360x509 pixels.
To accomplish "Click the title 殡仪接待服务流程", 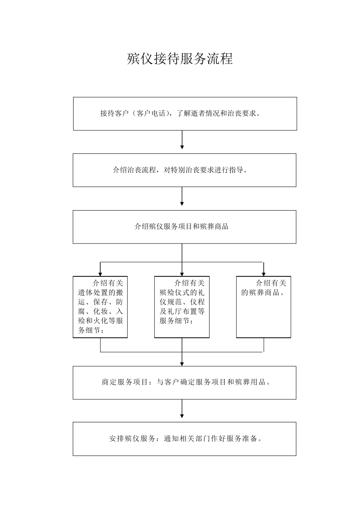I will (180, 59).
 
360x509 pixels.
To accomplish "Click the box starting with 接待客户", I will (185, 114).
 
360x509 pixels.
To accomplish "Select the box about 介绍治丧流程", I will (185, 170).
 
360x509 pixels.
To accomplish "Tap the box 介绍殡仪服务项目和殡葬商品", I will (185, 227).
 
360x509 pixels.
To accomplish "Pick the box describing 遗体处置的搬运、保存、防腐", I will (100, 307).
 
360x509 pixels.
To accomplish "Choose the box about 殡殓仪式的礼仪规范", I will (182, 307).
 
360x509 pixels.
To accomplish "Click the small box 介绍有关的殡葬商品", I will (264, 307).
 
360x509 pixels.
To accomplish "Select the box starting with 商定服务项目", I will (185, 383).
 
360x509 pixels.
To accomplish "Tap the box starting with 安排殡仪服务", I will (185, 439).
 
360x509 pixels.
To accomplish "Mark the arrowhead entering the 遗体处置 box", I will (100, 274).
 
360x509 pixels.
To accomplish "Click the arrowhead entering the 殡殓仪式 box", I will (182, 274).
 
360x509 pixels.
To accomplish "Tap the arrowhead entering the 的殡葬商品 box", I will (264, 274).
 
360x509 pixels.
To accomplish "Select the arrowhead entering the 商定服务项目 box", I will (182, 364).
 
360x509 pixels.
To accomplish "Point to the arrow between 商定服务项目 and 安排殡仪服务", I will (182, 409).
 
